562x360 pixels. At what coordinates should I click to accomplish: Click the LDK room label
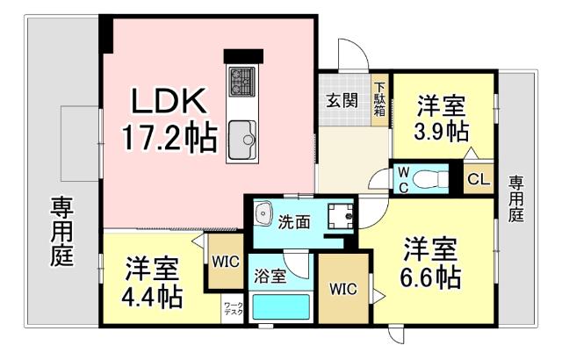(x=170, y=102)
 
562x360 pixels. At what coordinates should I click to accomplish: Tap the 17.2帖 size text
(x=170, y=138)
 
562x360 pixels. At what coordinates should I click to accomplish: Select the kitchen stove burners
(x=241, y=83)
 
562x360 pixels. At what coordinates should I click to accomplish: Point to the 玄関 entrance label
(x=343, y=99)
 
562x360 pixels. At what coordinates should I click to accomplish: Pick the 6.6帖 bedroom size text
(x=431, y=278)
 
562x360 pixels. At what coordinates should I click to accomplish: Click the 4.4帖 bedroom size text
(x=153, y=297)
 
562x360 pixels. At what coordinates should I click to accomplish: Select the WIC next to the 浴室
(x=343, y=289)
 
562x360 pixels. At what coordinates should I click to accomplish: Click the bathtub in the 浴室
(x=281, y=307)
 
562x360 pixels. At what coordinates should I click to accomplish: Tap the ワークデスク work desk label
(x=233, y=308)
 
